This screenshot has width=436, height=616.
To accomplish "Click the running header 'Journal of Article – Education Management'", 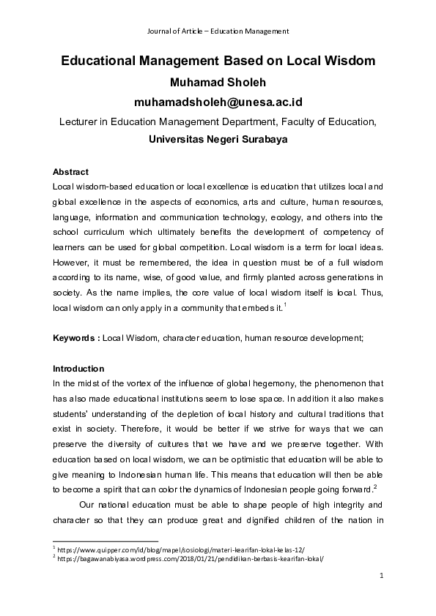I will (218, 31).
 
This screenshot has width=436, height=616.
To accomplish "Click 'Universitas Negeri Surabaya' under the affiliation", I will (218, 139).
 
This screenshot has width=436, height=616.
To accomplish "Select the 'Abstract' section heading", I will (70, 172).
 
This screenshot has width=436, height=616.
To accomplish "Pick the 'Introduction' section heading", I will (78, 368).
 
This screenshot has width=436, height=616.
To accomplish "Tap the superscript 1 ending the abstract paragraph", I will (284, 305).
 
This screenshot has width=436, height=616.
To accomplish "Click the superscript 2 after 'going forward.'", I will (375, 486).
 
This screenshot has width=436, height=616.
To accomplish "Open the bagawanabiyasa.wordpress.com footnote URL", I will (190, 557).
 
